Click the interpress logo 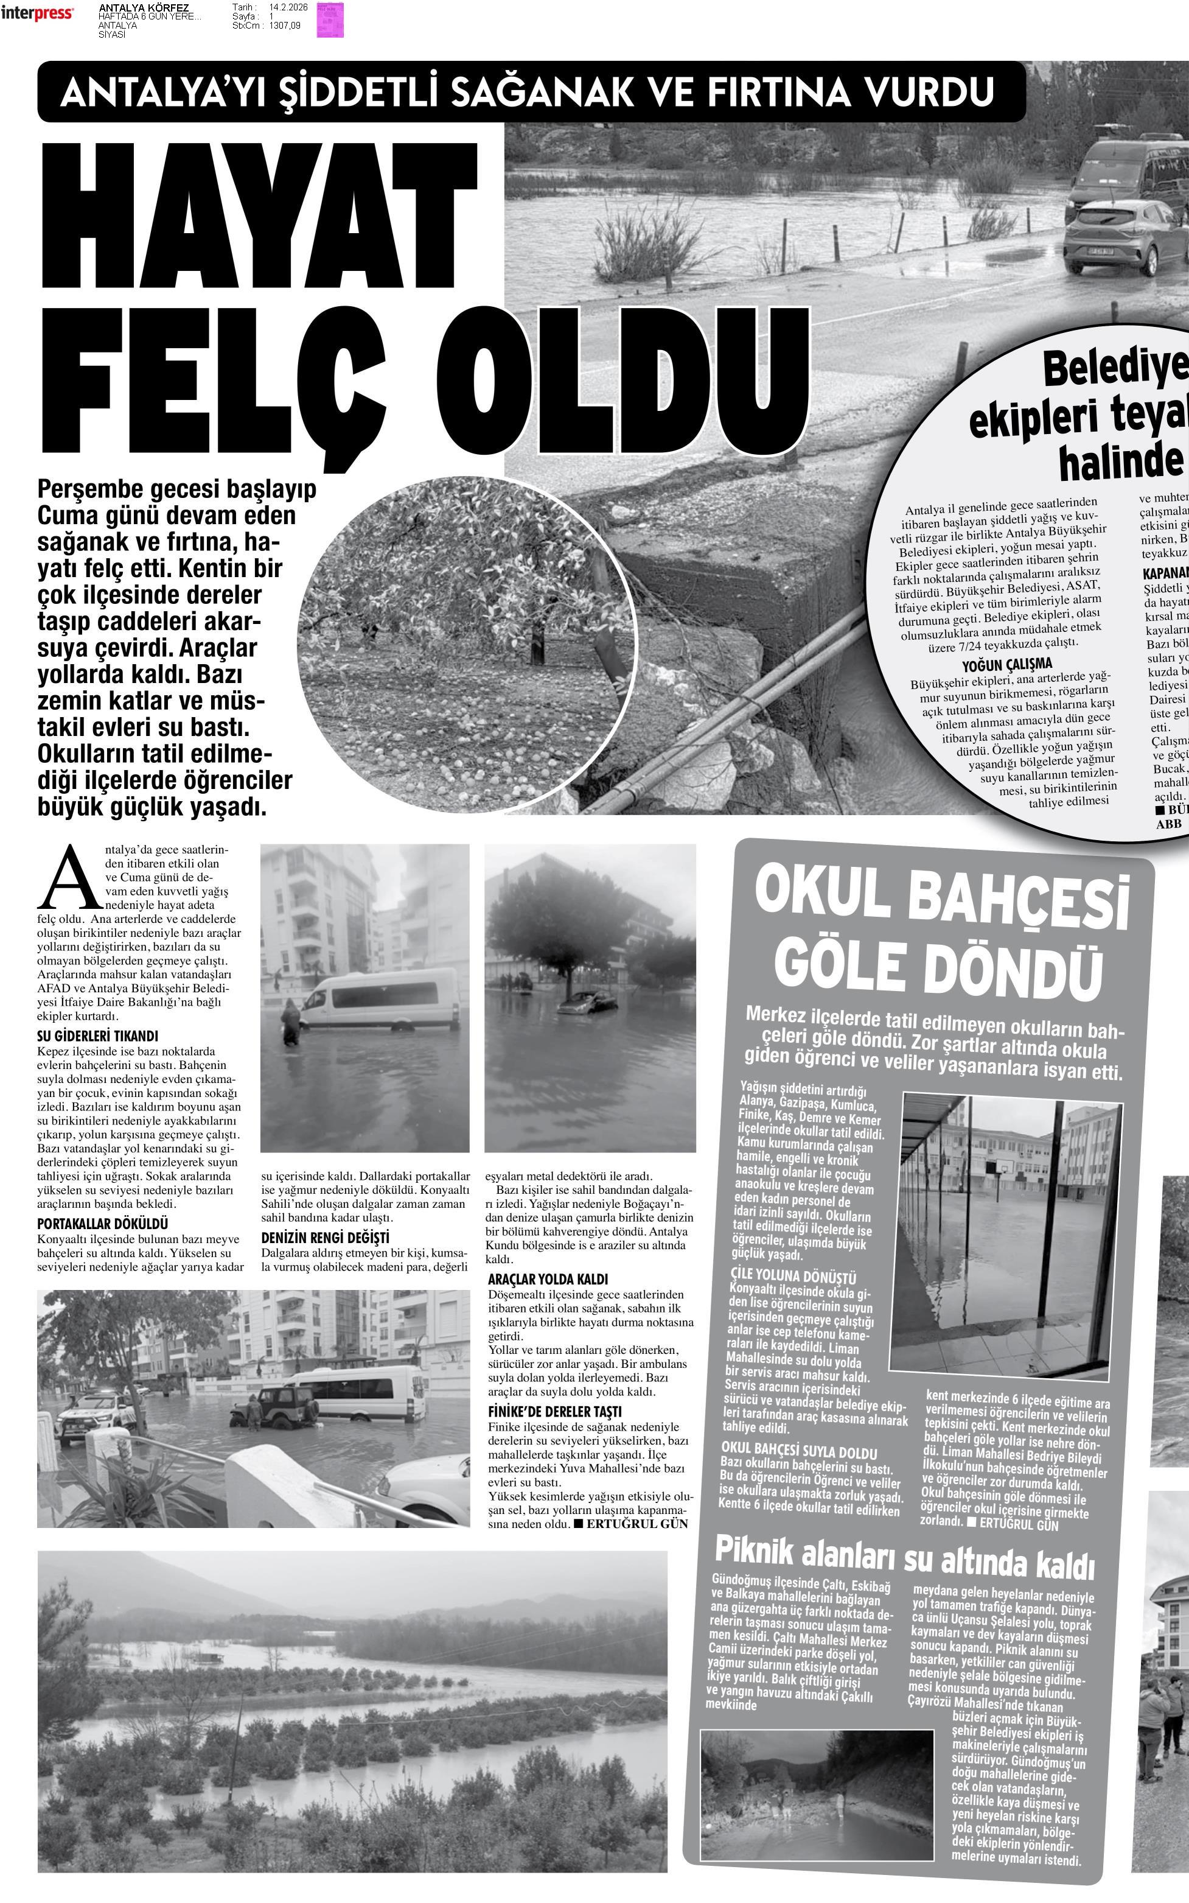click(x=37, y=13)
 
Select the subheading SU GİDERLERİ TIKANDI click(x=97, y=1036)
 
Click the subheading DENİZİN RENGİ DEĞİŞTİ click(x=325, y=1238)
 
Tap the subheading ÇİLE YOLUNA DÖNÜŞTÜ click(x=793, y=1275)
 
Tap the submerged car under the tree click(x=586, y=1002)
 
